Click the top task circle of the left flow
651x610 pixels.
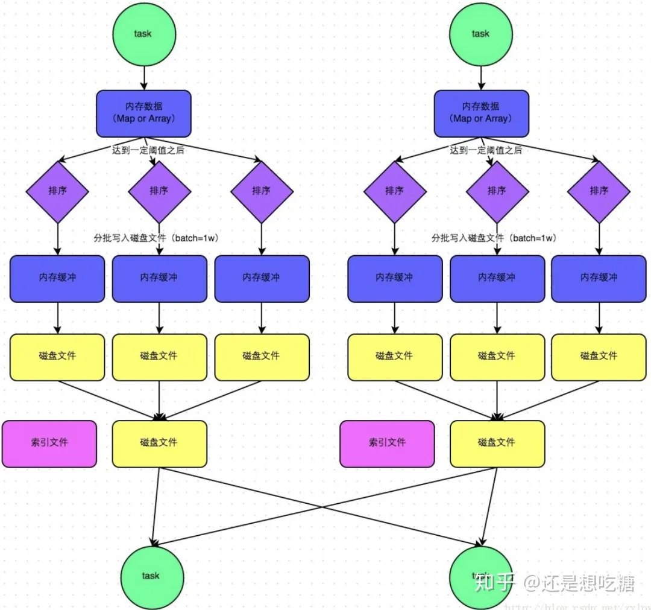pyautogui.click(x=143, y=34)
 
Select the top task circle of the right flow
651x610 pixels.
pyautogui.click(x=480, y=34)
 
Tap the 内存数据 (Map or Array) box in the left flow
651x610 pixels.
pyautogui.click(x=143, y=113)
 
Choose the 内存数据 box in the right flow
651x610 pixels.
pyautogui.click(x=481, y=113)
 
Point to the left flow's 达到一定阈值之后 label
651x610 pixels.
pyautogui.click(x=148, y=150)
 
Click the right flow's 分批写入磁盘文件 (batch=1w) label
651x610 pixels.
pyautogui.click(x=494, y=238)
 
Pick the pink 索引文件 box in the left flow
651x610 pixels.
pyautogui.click(x=49, y=443)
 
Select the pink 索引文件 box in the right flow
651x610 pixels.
pyautogui.click(x=387, y=443)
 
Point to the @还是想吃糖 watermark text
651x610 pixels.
pyautogui.click(x=579, y=583)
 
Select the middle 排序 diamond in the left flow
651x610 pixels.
pyautogui.click(x=159, y=191)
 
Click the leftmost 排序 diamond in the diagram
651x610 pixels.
pyautogui.click(x=57, y=191)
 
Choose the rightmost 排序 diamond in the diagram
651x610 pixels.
pyautogui.click(x=599, y=191)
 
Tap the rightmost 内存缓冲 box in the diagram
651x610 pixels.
pyautogui.click(x=599, y=278)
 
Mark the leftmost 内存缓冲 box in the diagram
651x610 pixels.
pyautogui.click(x=57, y=278)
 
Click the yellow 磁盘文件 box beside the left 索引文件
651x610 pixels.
pyautogui.click(x=159, y=443)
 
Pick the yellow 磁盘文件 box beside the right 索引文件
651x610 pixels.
pyautogui.click(x=497, y=443)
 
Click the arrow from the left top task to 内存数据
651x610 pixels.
pyautogui.click(x=143, y=77)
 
